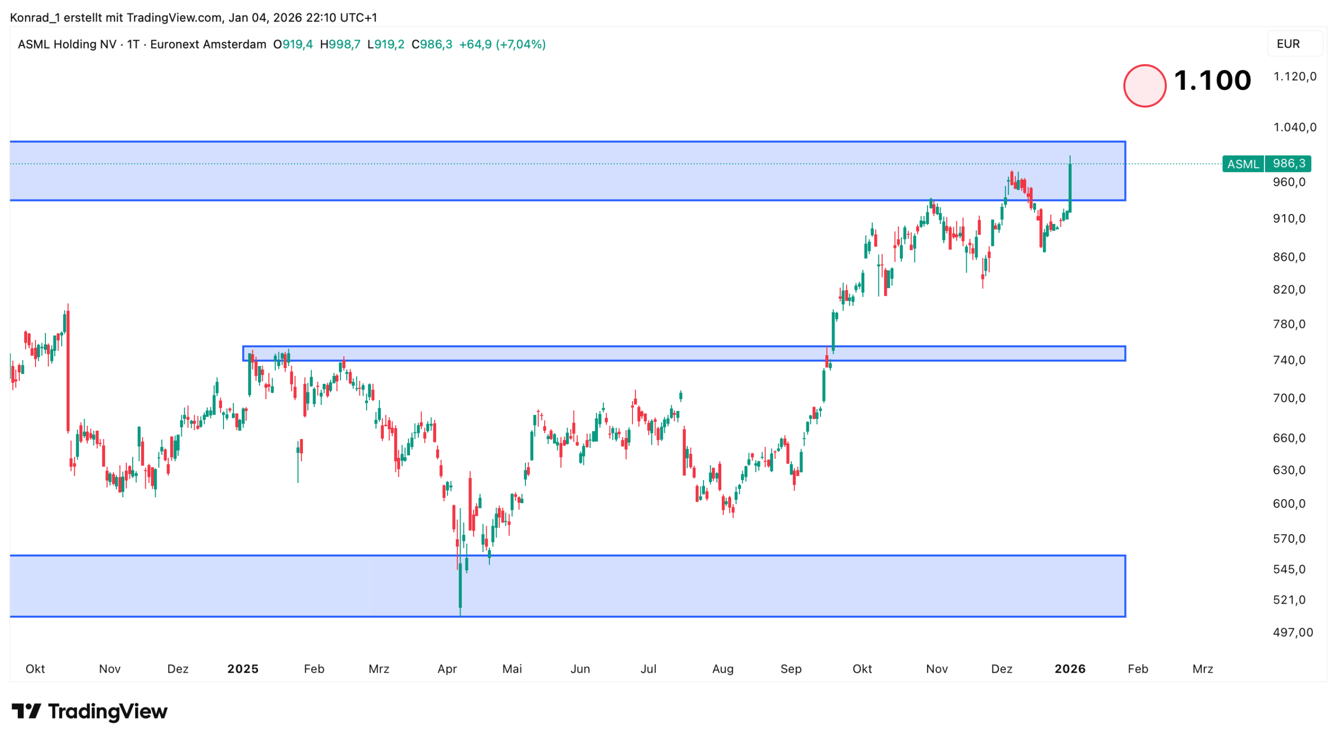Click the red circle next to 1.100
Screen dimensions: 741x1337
coord(1144,86)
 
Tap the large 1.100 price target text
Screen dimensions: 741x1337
coord(1212,81)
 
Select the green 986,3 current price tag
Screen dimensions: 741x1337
coord(1288,163)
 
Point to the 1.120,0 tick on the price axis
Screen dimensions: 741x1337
coord(1294,77)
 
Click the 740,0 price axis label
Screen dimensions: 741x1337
coord(1288,360)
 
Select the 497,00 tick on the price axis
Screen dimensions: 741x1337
coord(1292,632)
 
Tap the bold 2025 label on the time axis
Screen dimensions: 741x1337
coord(243,668)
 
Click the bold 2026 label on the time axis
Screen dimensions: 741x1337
coord(1069,668)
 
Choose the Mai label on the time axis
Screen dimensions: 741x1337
coord(512,668)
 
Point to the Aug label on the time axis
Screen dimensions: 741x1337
coord(722,668)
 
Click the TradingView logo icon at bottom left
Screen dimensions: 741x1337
coord(26,711)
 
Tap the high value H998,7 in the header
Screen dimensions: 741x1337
coord(340,44)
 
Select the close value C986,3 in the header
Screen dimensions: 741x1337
coord(432,44)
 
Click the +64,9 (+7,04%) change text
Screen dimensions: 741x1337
coord(502,44)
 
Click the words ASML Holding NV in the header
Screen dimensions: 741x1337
coord(67,44)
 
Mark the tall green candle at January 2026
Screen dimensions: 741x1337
coord(1070,188)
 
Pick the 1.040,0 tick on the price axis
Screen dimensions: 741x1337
coord(1294,127)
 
